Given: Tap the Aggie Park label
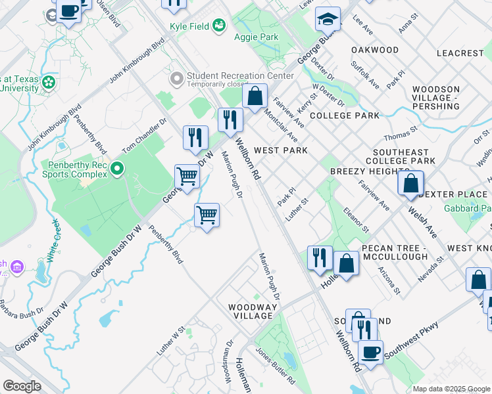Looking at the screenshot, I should point(259,37).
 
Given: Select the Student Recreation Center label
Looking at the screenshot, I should point(240,76).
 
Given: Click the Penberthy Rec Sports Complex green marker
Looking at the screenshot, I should point(117,169).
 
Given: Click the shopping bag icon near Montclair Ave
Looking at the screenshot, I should point(255,97).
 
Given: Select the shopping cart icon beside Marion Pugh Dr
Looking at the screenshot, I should point(207,215).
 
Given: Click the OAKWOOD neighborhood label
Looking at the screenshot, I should point(375,50).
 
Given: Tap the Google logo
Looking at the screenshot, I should point(22,385).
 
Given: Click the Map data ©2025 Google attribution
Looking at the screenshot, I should point(451,389).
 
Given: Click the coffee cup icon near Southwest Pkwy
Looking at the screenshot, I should point(370,352).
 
